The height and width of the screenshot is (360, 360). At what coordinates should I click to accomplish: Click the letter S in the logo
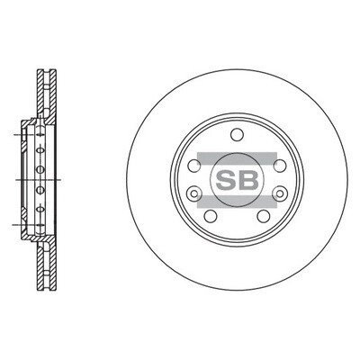point(226,180)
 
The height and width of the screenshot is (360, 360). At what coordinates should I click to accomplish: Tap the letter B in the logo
point(248,180)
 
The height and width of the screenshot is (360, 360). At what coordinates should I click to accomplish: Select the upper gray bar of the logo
point(237,158)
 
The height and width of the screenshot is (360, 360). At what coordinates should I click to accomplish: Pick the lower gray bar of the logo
point(237,202)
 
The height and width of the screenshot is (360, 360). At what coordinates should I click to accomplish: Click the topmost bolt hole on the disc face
point(237,134)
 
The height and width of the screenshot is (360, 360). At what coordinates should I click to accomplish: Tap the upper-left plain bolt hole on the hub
point(194,166)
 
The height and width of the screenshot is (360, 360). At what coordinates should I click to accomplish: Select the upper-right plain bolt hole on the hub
point(280,166)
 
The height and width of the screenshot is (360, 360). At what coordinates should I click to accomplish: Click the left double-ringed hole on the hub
point(193,193)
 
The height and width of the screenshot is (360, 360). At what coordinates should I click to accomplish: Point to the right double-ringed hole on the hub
point(280,193)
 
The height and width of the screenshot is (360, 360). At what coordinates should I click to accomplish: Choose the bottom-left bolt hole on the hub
point(211,216)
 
